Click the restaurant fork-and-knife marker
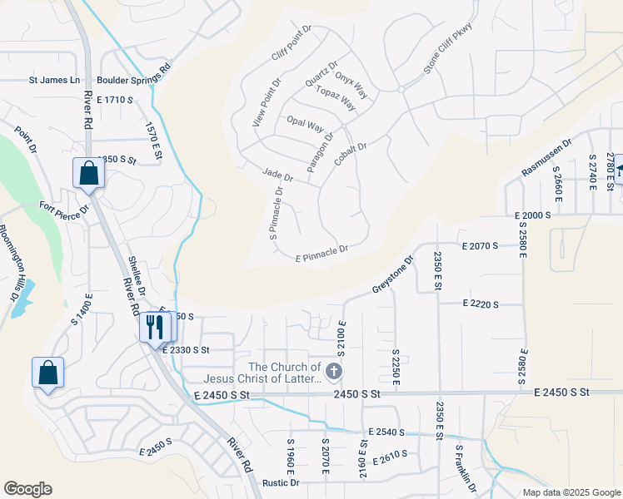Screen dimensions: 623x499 click(154, 326)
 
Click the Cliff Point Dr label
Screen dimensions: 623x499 click(291, 43)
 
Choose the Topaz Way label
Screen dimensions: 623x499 click(336, 98)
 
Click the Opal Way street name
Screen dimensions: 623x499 click(304, 125)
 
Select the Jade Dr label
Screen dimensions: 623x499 click(277, 175)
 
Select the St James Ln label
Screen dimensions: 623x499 click(54, 81)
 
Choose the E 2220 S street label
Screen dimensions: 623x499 click(480, 305)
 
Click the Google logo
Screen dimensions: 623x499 click(27, 489)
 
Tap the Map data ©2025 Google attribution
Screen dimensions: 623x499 click(571, 492)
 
